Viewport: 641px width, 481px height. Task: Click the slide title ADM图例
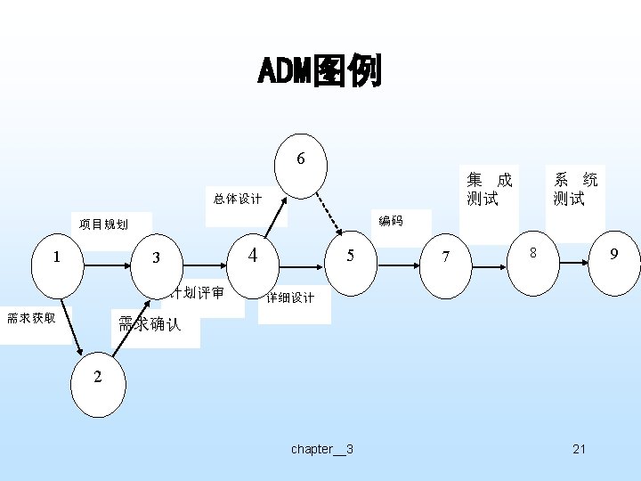[x=320, y=71]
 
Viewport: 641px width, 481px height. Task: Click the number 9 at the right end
[x=613, y=255]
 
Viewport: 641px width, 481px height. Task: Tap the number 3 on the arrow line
[x=156, y=258]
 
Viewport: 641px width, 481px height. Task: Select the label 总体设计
[x=238, y=199]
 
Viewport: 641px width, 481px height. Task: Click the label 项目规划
[x=103, y=224]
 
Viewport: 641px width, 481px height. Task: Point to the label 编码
[x=390, y=220]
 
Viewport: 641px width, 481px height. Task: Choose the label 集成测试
[x=490, y=189]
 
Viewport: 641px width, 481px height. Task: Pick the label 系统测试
[x=575, y=189]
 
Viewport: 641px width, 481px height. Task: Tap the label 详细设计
[x=290, y=298]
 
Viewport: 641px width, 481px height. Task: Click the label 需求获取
[x=31, y=317]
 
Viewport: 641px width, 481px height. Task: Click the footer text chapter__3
[x=321, y=449]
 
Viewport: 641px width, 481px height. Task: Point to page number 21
[x=579, y=449]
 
